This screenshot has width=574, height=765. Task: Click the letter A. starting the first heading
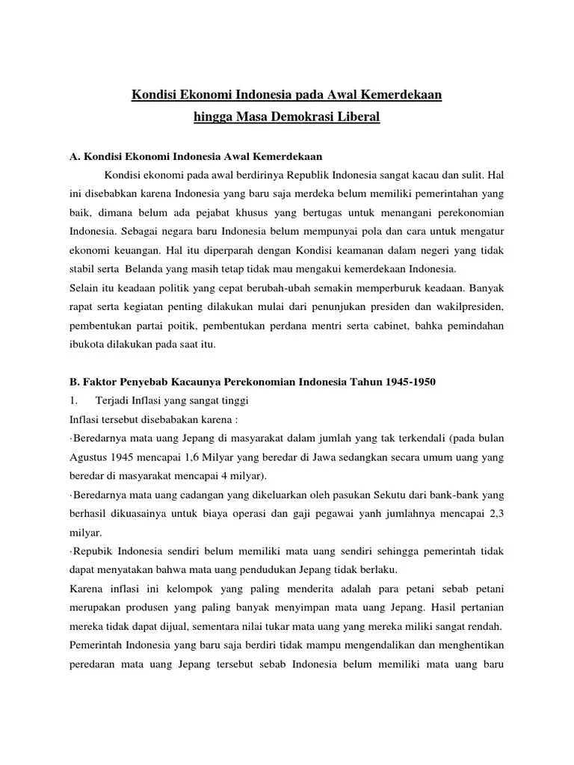tap(74, 156)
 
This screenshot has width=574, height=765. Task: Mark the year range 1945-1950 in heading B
tap(408, 382)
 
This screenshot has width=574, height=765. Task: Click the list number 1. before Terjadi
tap(73, 401)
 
